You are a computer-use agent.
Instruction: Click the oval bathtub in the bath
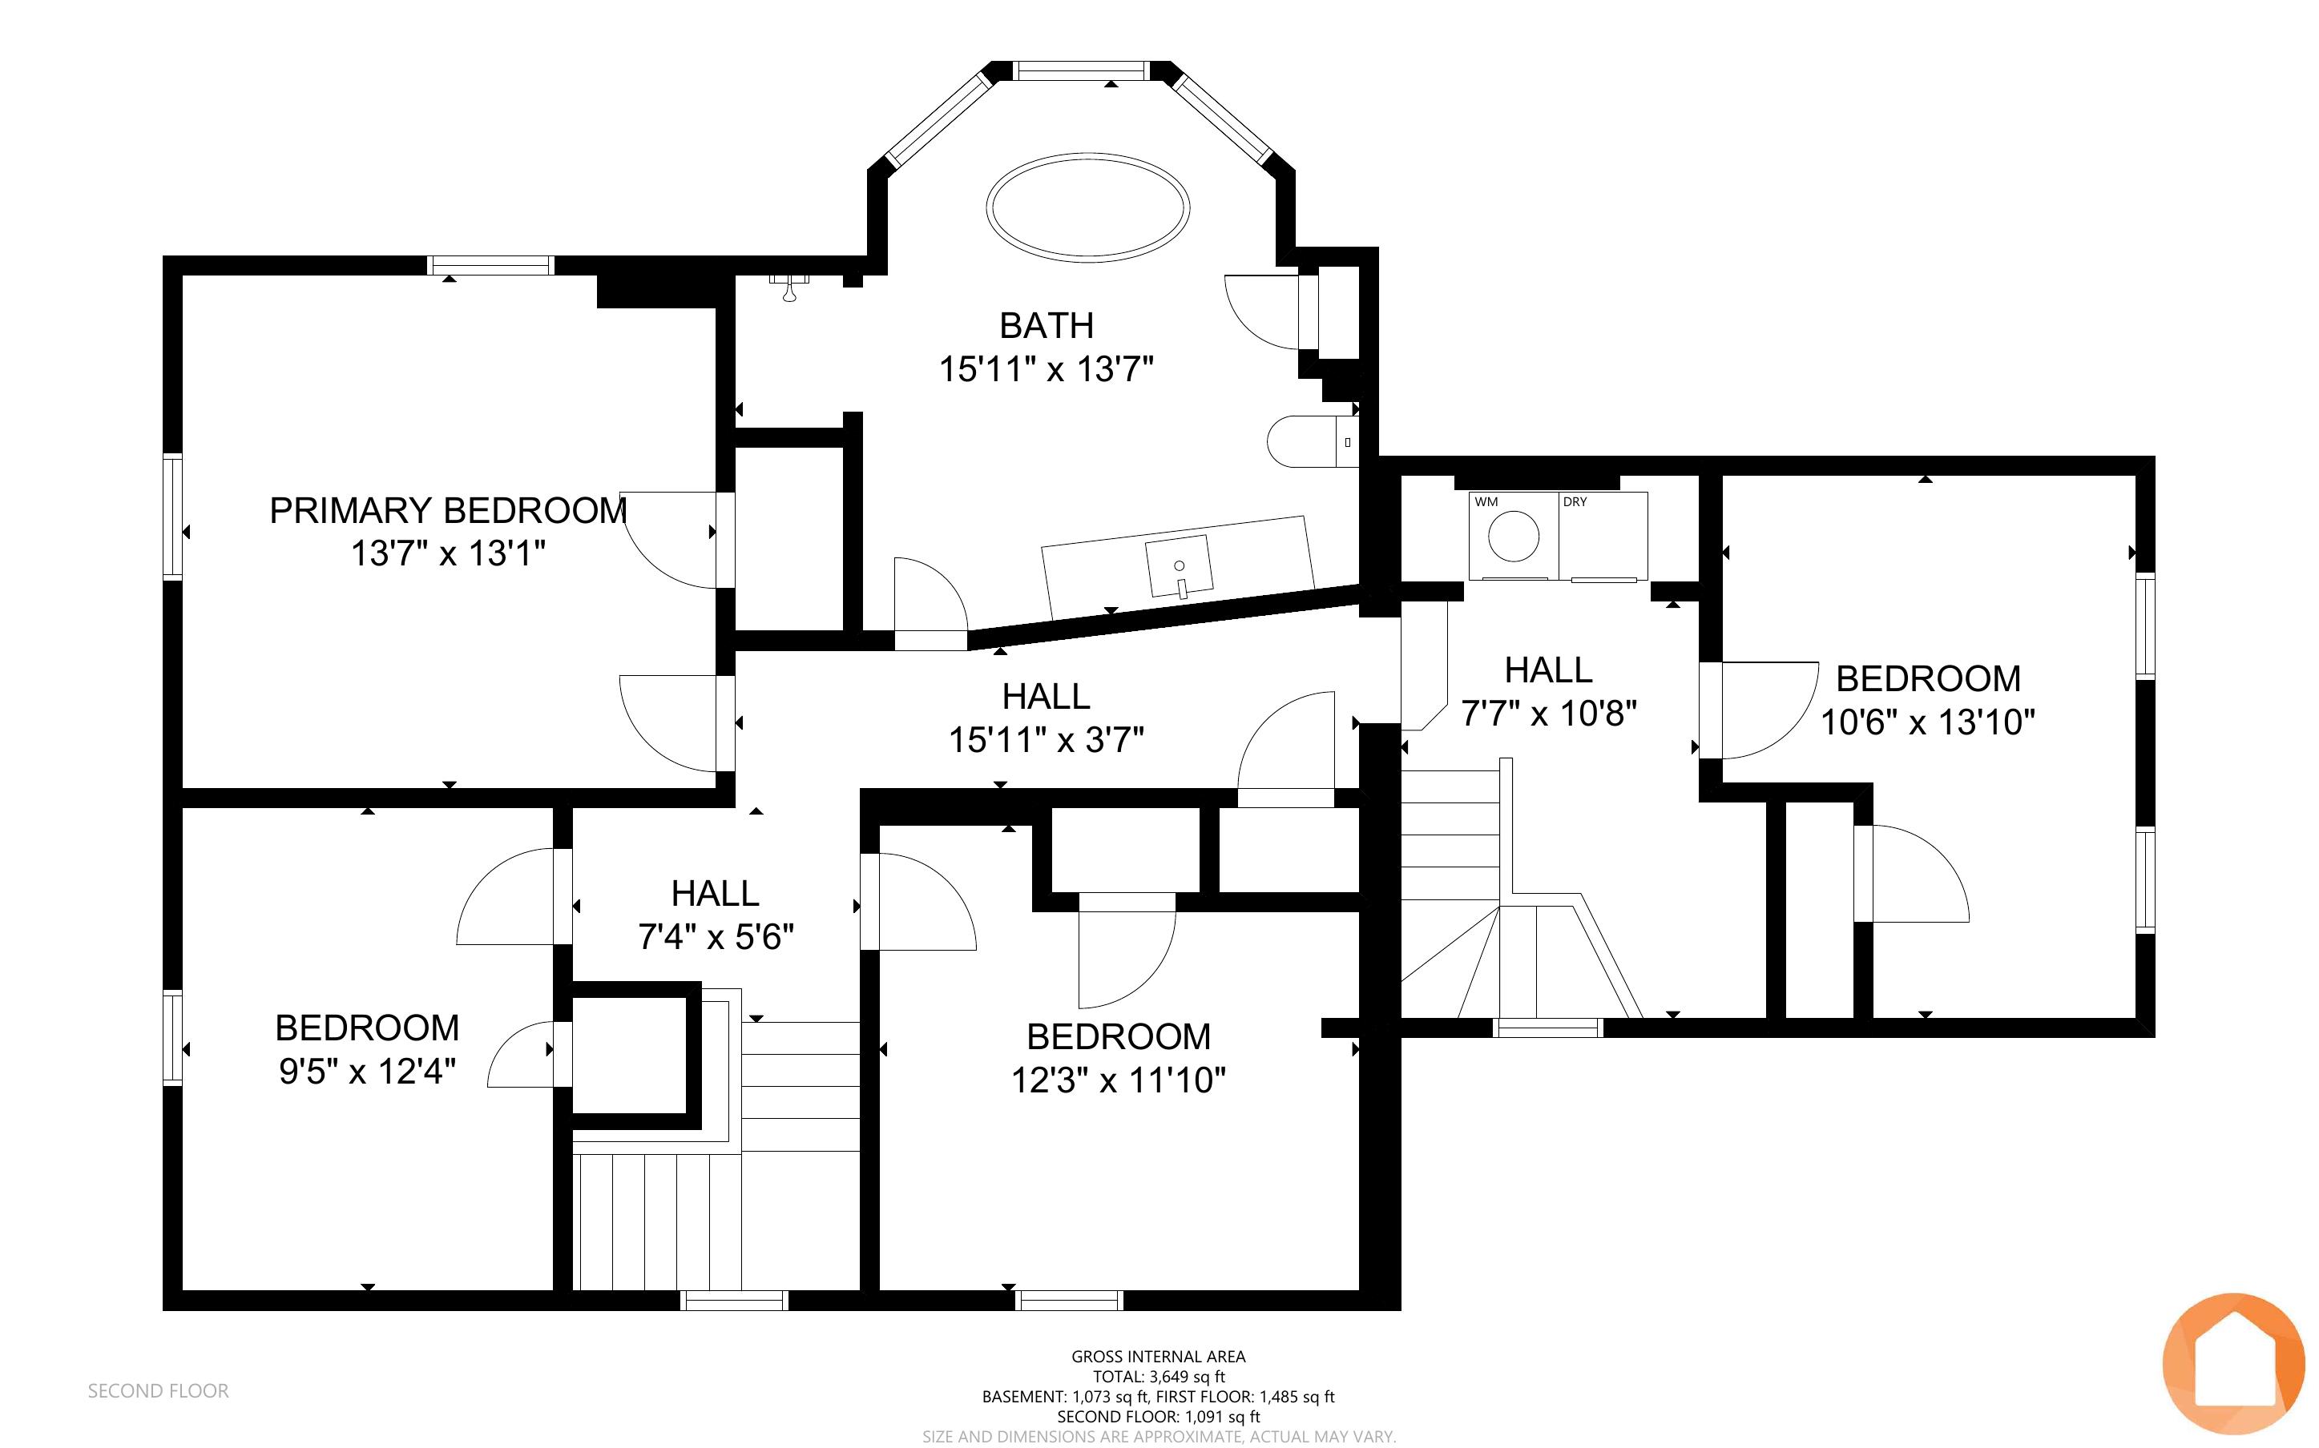pyautogui.click(x=1088, y=206)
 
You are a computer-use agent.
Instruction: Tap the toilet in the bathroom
pyautogui.click(x=1313, y=441)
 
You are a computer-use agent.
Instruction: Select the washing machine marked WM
pyautogui.click(x=1514, y=537)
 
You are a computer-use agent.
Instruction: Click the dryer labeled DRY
pyautogui.click(x=1603, y=537)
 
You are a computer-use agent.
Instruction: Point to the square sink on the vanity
pyautogui.click(x=1180, y=567)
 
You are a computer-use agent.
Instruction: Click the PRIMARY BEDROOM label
pyautogui.click(x=448, y=510)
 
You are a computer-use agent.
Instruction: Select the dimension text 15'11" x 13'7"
pyautogui.click(x=1046, y=368)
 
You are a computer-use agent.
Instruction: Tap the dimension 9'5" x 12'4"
pyautogui.click(x=367, y=1071)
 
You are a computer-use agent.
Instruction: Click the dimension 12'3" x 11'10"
pyautogui.click(x=1119, y=1080)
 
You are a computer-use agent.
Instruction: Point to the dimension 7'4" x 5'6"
pyautogui.click(x=716, y=936)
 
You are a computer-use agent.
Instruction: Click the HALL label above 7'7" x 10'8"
pyautogui.click(x=1549, y=670)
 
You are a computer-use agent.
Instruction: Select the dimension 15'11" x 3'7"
pyautogui.click(x=1046, y=740)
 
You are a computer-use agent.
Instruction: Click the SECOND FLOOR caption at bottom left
pyautogui.click(x=158, y=1390)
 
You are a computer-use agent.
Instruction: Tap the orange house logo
pyautogui.click(x=2234, y=1364)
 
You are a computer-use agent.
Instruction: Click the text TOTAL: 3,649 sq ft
pyautogui.click(x=1159, y=1376)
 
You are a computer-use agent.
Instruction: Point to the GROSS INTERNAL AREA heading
pyautogui.click(x=1159, y=1356)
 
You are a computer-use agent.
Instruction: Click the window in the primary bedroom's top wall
pyautogui.click(x=490, y=265)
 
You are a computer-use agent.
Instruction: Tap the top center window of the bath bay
pyautogui.click(x=1080, y=70)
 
